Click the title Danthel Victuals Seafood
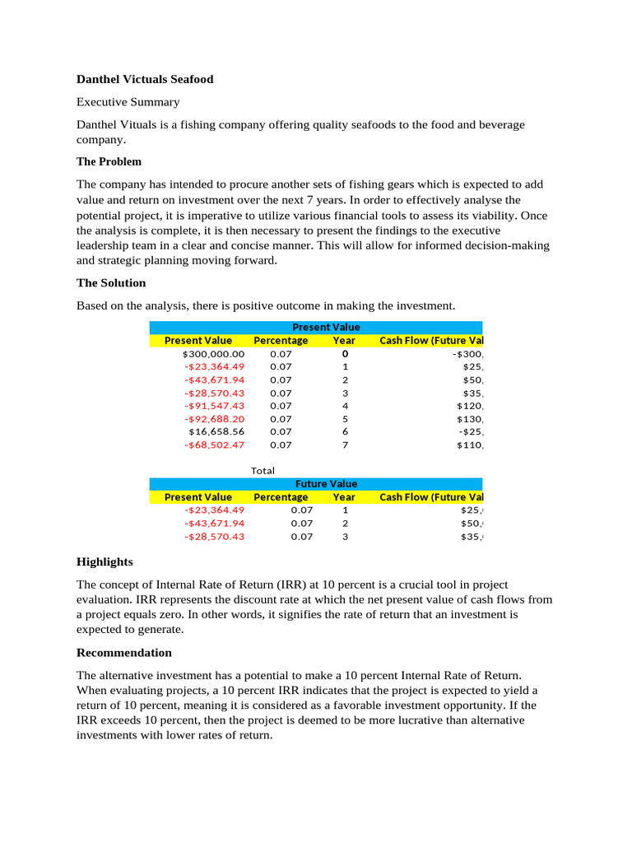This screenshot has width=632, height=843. point(145,79)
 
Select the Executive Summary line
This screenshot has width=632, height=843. point(128,102)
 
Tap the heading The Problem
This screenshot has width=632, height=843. point(109,161)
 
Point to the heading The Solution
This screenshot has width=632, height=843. point(111,282)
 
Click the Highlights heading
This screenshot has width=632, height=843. point(105,561)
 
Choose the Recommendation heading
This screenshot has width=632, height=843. point(124,652)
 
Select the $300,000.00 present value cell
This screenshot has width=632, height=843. point(213,354)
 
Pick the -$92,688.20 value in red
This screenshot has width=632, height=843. point(214,418)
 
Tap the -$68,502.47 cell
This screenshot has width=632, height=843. point(214,445)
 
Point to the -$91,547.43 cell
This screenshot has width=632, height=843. point(214,406)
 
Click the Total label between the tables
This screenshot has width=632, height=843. point(263,470)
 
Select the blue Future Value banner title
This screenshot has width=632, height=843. point(326,484)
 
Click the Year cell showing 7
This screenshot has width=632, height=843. point(345,445)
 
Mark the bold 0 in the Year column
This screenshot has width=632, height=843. point(345,354)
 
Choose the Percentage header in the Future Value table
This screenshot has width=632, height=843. point(281,497)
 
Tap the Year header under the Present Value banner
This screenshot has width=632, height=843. point(344,341)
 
